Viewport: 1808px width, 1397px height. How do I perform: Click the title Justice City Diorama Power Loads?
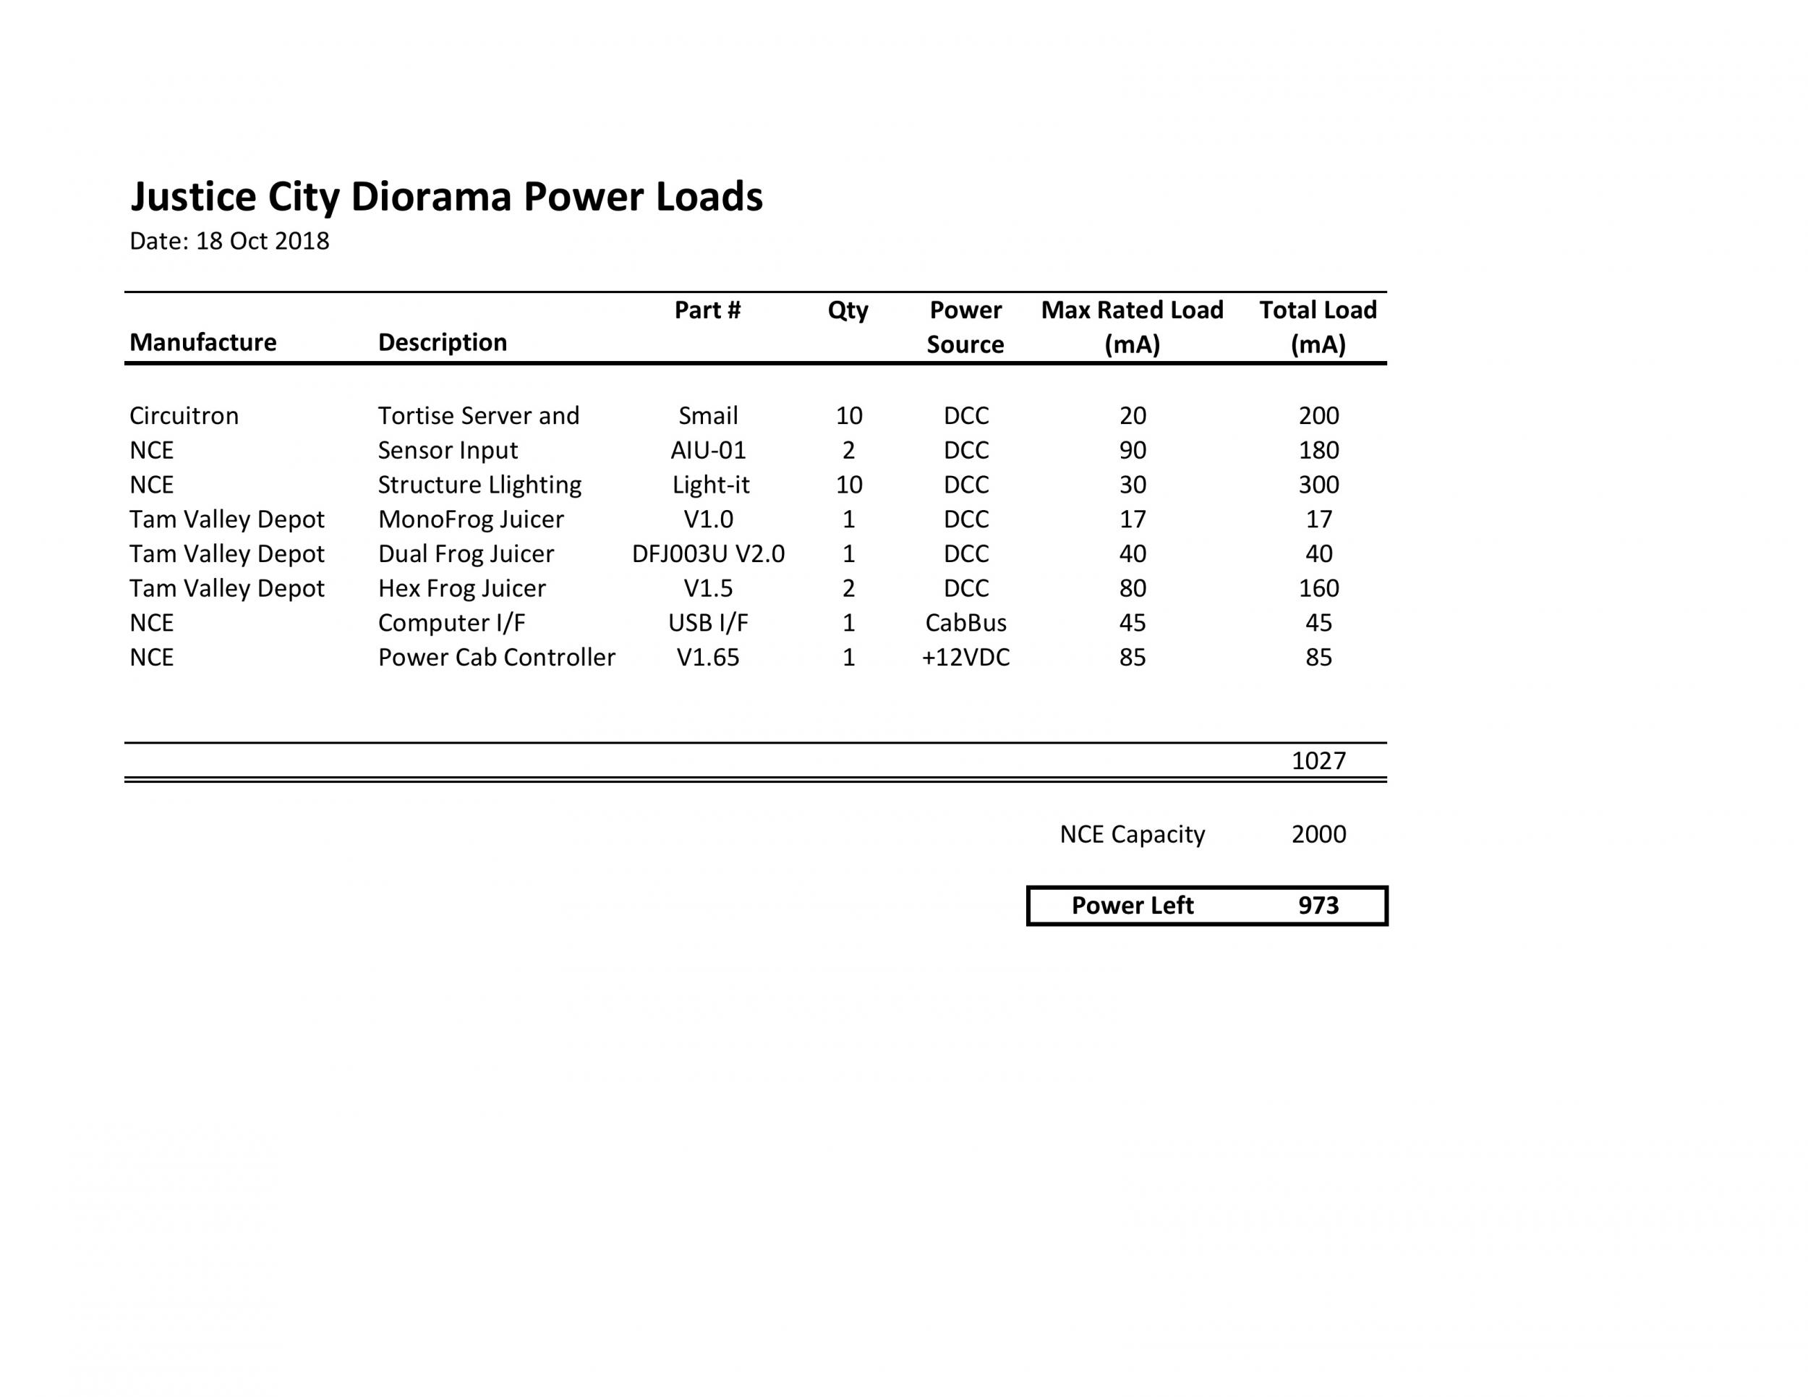(446, 197)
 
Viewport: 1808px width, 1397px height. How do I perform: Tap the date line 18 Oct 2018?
(229, 241)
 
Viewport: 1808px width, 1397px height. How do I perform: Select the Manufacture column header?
(202, 342)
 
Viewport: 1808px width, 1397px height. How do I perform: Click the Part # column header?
(707, 310)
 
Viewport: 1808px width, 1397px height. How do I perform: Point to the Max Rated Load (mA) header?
(1132, 326)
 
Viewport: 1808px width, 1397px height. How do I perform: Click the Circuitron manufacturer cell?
(184, 416)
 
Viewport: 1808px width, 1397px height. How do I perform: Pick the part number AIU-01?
(708, 451)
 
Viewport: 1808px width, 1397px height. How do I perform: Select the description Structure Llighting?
(479, 485)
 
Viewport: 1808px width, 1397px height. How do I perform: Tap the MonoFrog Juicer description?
(470, 519)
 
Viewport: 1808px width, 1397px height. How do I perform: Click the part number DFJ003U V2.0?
(708, 554)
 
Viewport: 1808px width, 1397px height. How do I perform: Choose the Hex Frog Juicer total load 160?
(1318, 588)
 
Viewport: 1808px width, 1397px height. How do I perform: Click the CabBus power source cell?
(965, 623)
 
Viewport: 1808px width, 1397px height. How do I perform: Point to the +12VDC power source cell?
(965, 658)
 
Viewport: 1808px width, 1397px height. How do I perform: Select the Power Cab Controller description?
(497, 658)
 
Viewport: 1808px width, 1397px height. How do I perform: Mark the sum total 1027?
(1318, 760)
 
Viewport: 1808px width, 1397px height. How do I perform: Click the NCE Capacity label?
(1132, 834)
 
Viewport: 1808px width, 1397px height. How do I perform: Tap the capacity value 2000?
(1318, 834)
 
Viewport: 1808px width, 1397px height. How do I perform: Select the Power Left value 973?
(1318, 905)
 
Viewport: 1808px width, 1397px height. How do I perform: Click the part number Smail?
(708, 416)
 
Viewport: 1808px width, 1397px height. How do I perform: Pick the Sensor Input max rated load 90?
(1132, 451)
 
